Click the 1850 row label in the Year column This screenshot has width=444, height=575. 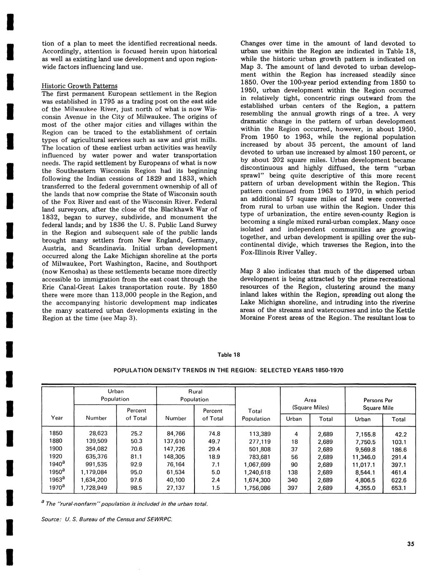[56, 433]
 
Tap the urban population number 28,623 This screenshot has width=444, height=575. [97, 433]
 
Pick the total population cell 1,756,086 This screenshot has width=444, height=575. [257, 487]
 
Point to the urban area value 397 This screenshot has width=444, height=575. [293, 487]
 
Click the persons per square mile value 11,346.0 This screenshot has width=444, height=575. [364, 457]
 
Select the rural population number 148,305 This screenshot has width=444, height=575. [177, 457]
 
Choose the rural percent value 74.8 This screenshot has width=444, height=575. [214, 433]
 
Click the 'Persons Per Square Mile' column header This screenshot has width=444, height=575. [378, 404]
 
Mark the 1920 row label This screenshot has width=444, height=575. [56, 457]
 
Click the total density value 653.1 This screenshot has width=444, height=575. [399, 487]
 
